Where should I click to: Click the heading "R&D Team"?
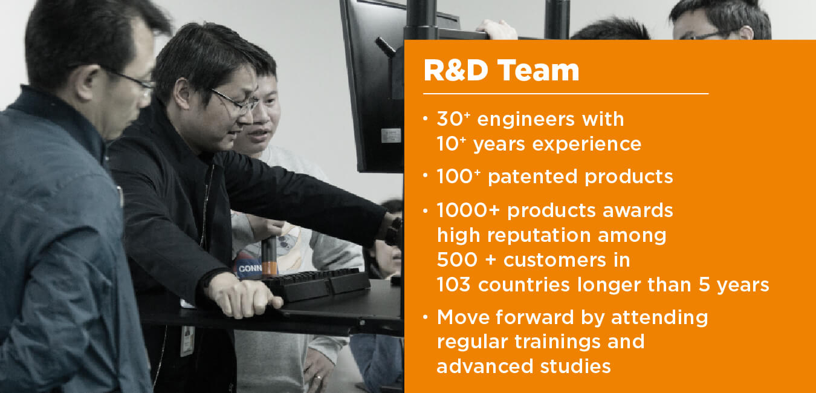pyautogui.click(x=501, y=70)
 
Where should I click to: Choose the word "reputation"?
pyautogui.click(x=539, y=236)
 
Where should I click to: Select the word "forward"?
pyautogui.click(x=535, y=317)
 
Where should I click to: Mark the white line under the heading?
pyautogui.click(x=566, y=94)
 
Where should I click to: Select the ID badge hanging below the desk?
pyautogui.click(x=187, y=341)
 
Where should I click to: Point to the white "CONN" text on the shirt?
pyautogui.click(x=250, y=269)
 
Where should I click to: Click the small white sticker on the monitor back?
pyautogui.click(x=391, y=136)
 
